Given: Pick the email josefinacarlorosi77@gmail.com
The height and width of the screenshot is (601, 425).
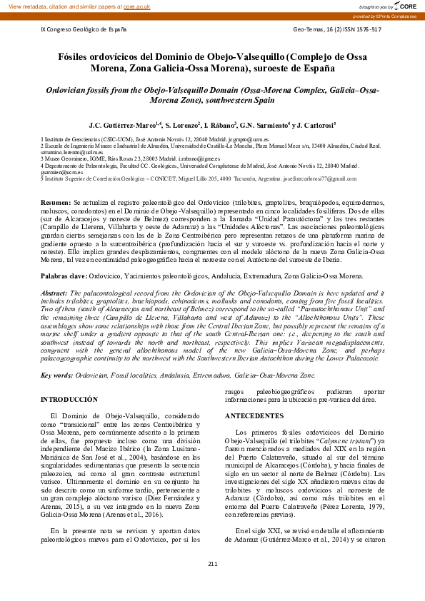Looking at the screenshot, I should pyautogui.click(x=319, y=178).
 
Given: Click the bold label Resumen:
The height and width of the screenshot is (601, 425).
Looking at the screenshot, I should pyautogui.click(x=56, y=203).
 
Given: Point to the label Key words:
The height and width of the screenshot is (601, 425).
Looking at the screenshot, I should pyautogui.click(x=56, y=374).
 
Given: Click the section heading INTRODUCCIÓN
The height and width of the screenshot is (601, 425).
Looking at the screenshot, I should pyautogui.click(x=69, y=399).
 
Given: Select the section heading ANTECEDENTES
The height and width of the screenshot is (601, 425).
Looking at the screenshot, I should pyautogui.click(x=254, y=415).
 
